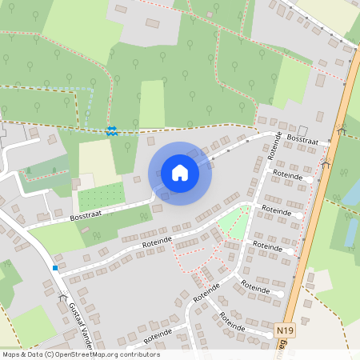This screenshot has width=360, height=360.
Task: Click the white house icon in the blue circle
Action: click(x=180, y=173)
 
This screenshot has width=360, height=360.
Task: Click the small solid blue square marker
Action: click(x=54, y=267)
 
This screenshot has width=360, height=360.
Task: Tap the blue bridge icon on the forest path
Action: click(x=111, y=130)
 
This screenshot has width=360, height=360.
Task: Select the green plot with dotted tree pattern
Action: click(x=101, y=196)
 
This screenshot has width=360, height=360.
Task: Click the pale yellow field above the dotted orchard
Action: click(x=95, y=159)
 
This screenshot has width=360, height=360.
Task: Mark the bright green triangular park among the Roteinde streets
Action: click(x=238, y=222)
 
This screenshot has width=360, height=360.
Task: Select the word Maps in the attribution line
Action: click(x=11, y=354)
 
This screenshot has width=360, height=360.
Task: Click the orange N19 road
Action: click(x=320, y=200)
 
